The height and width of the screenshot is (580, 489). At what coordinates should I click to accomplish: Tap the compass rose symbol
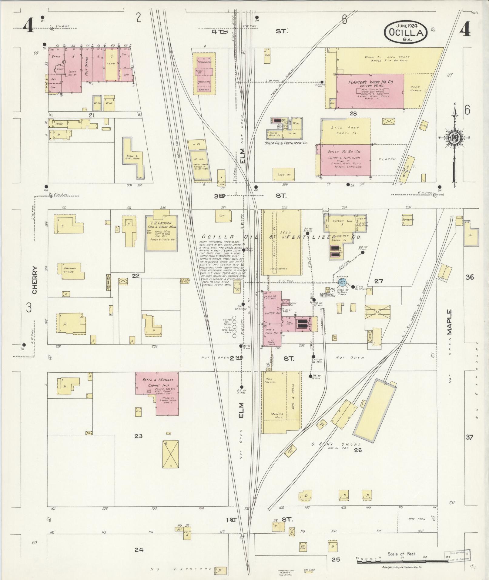coord(454,138)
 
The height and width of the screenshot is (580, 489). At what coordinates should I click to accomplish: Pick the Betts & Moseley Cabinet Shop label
coord(158,380)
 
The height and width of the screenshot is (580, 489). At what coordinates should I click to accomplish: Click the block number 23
coord(139,436)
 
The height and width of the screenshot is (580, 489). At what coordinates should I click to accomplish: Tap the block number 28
coord(353,114)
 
